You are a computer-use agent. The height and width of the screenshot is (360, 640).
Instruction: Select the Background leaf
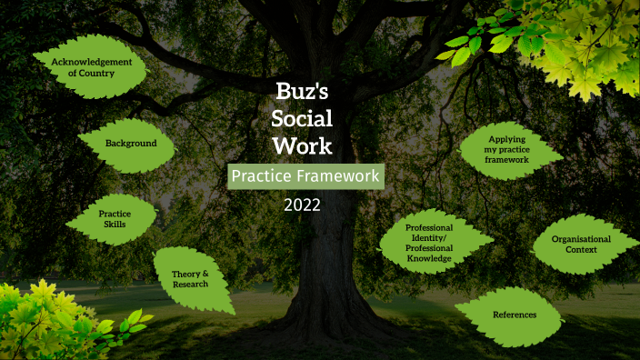pos(130,143)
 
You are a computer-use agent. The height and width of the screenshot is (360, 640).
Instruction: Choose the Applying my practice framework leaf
pos(507,149)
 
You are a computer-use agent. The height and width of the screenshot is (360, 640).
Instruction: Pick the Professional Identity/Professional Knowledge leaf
pos(429,243)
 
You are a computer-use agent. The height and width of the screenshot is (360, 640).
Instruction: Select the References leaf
pos(514,314)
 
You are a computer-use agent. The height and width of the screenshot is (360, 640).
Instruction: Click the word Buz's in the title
pos(303,91)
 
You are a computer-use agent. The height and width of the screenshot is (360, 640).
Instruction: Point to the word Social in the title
pos(303,118)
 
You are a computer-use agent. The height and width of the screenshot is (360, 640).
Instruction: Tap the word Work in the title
pos(303,145)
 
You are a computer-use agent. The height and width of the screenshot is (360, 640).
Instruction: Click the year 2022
pos(303,204)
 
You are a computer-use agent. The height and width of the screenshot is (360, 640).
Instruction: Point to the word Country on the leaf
pos(92,73)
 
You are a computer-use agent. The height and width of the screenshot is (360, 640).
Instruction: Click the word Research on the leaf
pos(190,285)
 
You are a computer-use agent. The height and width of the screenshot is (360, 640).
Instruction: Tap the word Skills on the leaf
pos(115,224)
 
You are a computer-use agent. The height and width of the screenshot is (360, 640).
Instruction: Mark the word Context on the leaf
pos(581,249)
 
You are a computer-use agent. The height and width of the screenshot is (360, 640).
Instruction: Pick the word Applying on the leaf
pos(507,139)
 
